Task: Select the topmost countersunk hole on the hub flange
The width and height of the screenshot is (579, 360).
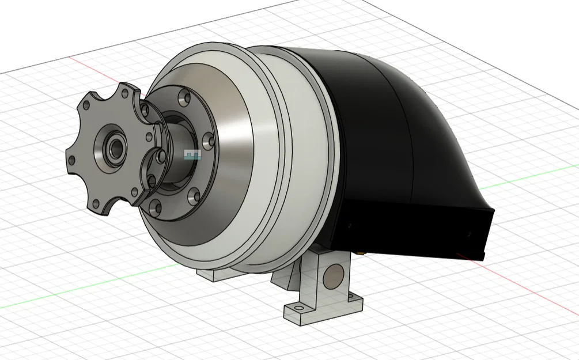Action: (185, 97)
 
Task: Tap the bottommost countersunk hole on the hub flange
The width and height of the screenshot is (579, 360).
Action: (154, 206)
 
